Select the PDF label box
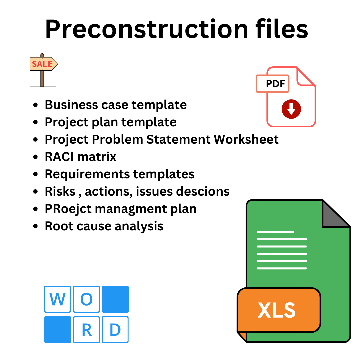coord(272,84)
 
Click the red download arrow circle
coord(291,109)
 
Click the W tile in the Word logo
coord(57,299)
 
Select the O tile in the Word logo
coord(86,299)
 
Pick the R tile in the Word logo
coord(86,330)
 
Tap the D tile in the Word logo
coord(115,330)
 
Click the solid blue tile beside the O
coord(115,299)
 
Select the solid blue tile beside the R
coord(57,330)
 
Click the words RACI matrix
coord(80,157)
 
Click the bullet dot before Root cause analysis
coord(36,227)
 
